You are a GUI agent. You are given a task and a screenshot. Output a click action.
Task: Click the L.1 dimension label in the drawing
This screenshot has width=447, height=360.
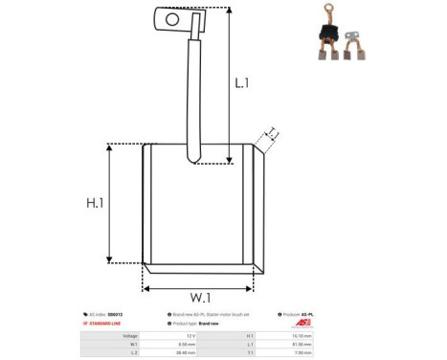pos(241,83)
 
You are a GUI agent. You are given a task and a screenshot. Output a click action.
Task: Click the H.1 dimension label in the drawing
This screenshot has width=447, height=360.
pos(95,203)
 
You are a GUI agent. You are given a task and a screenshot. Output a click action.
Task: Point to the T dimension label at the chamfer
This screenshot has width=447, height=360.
pos(272,133)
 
